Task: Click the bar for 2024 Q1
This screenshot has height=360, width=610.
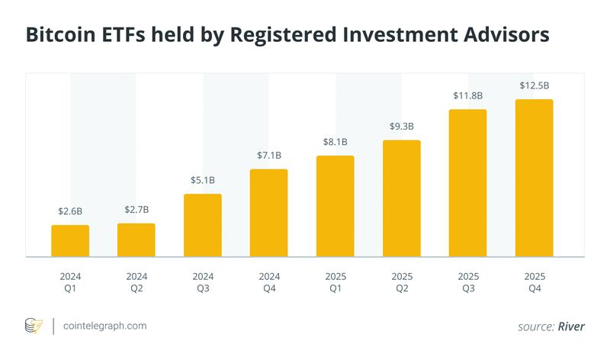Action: (70, 241)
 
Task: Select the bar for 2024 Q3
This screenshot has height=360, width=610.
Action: (203, 226)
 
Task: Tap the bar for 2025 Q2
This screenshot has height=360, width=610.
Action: (402, 198)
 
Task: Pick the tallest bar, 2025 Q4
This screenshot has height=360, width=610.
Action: (535, 178)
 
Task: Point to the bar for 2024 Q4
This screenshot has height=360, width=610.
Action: (269, 213)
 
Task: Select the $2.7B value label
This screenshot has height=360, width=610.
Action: (136, 209)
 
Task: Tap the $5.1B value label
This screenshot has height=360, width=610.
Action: (203, 180)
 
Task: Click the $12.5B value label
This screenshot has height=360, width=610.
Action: (535, 85)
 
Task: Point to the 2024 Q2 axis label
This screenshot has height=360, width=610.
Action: (136, 281)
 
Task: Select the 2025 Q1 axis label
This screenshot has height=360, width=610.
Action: (335, 281)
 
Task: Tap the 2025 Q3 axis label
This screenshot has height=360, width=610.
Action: (468, 281)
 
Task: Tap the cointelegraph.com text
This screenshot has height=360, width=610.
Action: (105, 326)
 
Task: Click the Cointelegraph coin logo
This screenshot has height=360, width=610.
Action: (34, 326)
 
